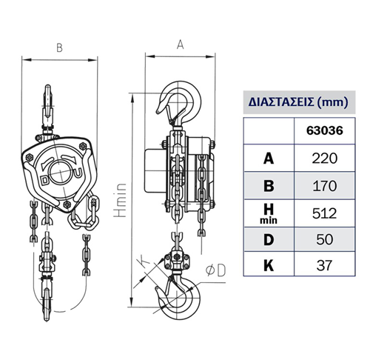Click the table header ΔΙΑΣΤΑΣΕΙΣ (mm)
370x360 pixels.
point(298,102)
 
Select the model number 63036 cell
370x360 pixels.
point(325,130)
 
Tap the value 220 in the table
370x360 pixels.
point(324,159)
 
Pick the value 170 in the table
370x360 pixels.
point(325,186)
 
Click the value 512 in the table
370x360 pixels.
point(324,213)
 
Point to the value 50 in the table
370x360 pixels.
point(324,239)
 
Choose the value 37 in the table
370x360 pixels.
point(324,265)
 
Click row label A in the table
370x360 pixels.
point(269,159)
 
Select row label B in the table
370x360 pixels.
point(269,186)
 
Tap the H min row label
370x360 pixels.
point(269,214)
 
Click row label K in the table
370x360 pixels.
point(269,265)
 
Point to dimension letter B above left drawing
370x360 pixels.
point(59,48)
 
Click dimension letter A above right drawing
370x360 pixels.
point(181,44)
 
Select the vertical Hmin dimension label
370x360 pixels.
point(120,200)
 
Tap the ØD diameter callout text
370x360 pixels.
point(215,270)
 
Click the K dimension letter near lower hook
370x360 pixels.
point(144,261)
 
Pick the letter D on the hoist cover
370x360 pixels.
point(45,181)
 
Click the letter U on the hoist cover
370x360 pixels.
point(78,173)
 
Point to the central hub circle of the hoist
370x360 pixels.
point(60,172)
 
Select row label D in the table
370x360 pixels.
point(269,239)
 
